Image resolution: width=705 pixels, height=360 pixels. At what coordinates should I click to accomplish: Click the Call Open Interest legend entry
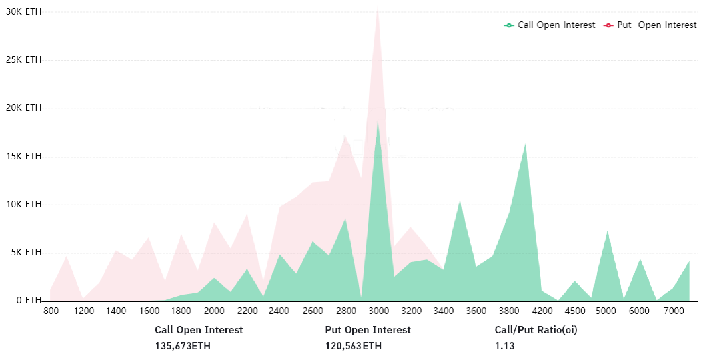(550, 25)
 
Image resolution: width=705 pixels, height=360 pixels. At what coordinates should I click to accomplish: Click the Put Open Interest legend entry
(650, 25)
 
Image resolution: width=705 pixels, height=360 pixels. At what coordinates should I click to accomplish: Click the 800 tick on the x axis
(51, 311)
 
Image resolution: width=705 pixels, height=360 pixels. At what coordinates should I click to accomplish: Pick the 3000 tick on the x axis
(378, 311)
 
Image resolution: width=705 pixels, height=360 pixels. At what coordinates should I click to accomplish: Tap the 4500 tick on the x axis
(574, 311)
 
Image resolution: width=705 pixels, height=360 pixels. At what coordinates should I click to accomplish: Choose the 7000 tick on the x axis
(673, 311)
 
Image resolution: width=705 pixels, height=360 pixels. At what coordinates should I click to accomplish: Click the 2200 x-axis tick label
(247, 311)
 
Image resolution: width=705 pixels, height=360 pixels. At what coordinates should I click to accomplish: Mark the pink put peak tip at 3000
(378, 8)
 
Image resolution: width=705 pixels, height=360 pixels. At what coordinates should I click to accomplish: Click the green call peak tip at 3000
(378, 121)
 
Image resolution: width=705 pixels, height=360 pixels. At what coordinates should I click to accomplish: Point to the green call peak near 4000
(526, 143)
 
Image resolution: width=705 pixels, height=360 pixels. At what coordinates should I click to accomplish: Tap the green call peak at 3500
(460, 200)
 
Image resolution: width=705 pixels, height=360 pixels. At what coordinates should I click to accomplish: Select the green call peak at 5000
(607, 231)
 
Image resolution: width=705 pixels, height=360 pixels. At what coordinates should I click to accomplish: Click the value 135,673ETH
(182, 346)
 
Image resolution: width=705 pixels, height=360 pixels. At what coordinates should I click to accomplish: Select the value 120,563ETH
(353, 346)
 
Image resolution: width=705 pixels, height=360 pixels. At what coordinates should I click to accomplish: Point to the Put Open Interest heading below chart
(368, 330)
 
